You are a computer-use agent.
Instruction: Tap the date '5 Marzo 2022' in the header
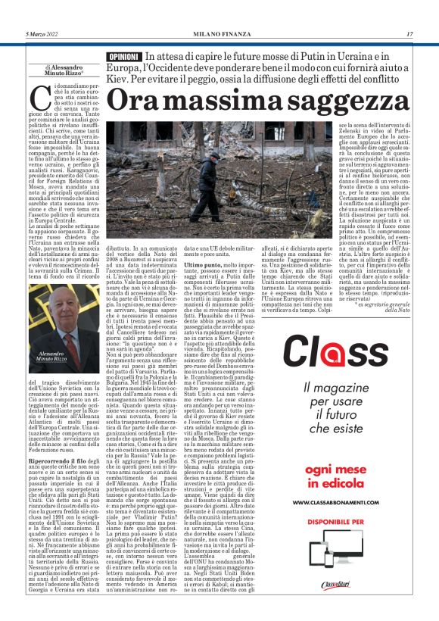tap(42, 34)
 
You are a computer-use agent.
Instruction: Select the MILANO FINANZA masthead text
tap(220, 34)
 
